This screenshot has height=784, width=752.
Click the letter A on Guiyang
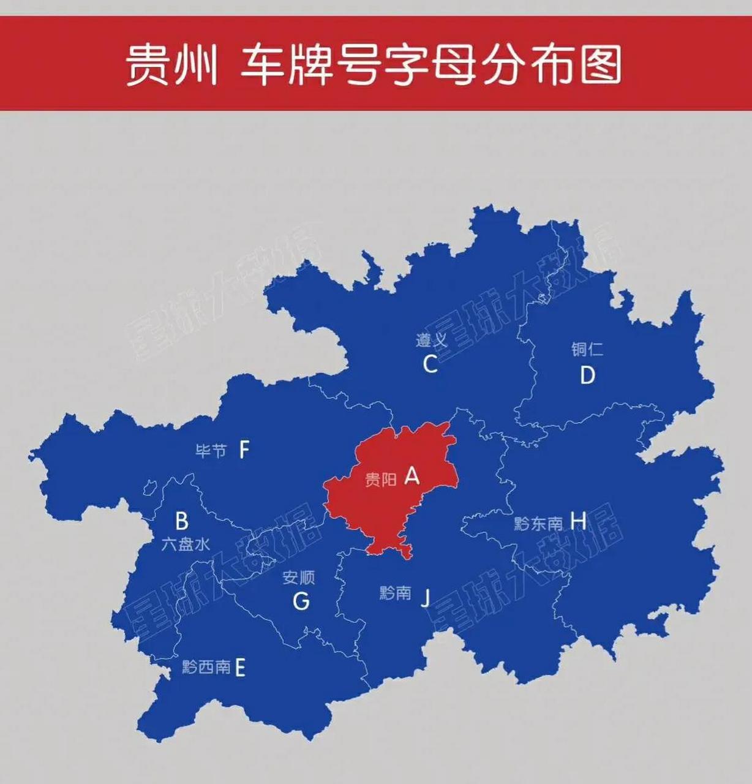[x=412, y=475]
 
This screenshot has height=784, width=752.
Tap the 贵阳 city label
[x=381, y=480]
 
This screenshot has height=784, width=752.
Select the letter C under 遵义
[x=430, y=364]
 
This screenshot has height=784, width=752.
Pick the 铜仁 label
[x=587, y=350]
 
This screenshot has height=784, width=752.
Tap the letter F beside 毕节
[x=244, y=451]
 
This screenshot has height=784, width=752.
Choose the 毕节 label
[x=211, y=451]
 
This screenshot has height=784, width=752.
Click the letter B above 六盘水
[x=182, y=522]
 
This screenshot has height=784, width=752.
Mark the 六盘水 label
[x=186, y=544]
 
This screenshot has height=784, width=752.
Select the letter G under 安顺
[x=301, y=601]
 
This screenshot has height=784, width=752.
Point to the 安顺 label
[x=299, y=578]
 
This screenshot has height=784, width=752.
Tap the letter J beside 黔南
[x=425, y=597]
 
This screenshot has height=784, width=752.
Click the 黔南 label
[x=395, y=593]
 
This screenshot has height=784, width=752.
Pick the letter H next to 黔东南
[x=578, y=521]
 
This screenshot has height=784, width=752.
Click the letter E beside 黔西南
[x=240, y=668]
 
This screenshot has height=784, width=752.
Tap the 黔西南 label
[x=206, y=666]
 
